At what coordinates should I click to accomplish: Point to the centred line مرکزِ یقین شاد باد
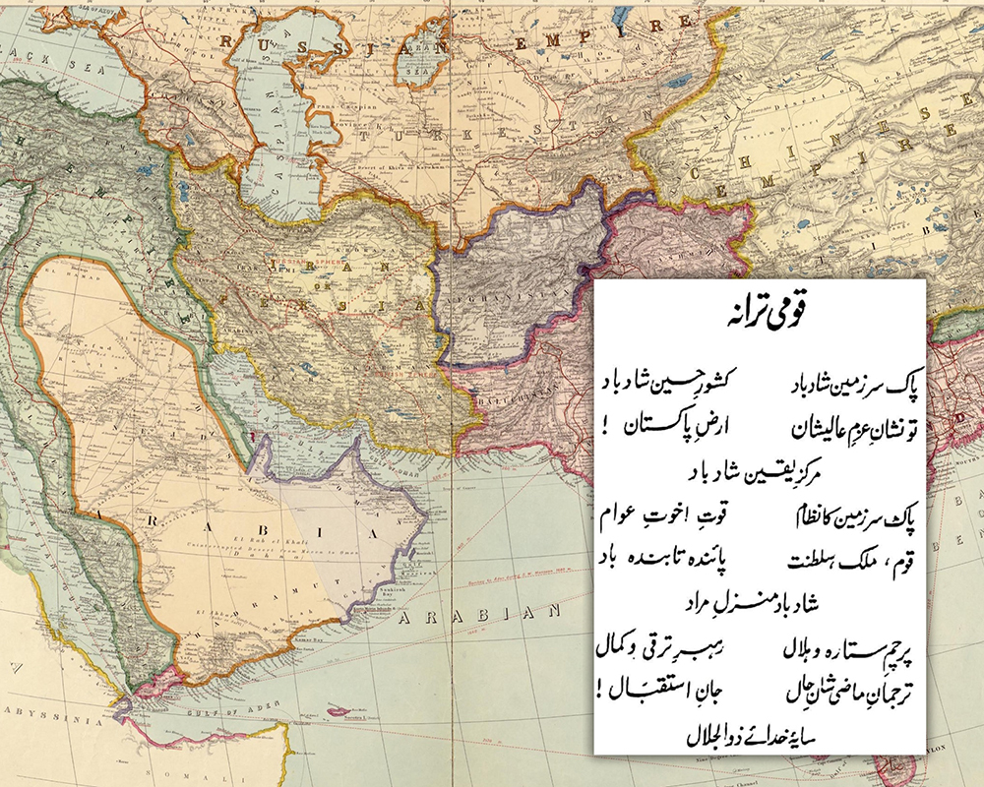(764, 471)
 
